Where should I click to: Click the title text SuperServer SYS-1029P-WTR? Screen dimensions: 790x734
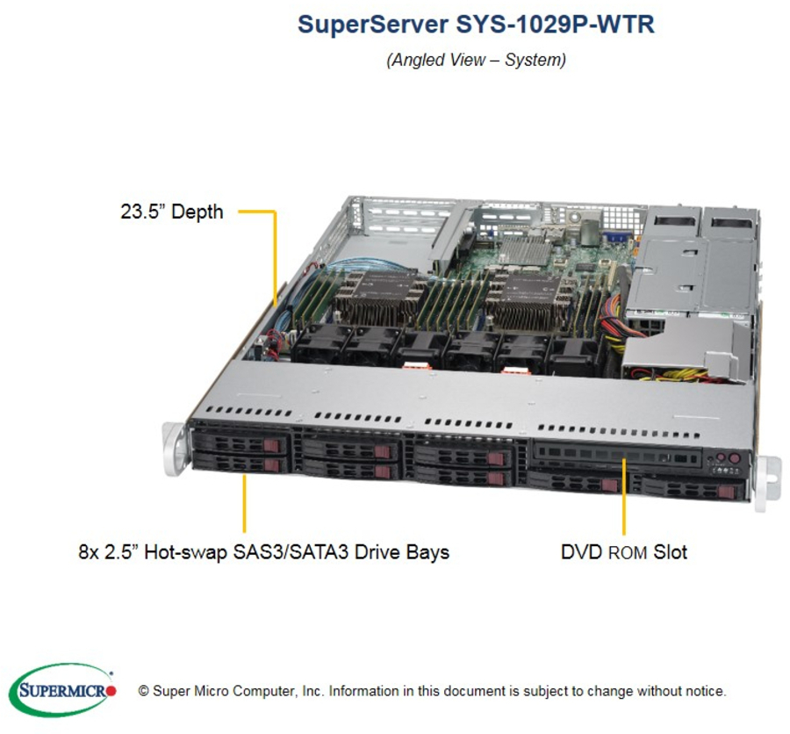click(476, 24)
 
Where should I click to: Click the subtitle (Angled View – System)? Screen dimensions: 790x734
click(476, 60)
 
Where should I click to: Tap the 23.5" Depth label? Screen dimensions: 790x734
click(172, 212)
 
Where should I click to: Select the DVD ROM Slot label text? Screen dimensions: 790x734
click(624, 552)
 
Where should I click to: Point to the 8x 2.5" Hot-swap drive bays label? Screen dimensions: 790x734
click(263, 552)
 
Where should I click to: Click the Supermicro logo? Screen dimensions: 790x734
click(63, 690)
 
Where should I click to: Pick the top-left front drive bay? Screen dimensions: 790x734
click(241, 443)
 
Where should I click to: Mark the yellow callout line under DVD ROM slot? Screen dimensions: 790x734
click(624, 497)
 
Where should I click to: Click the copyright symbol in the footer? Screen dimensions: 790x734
click(144, 691)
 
